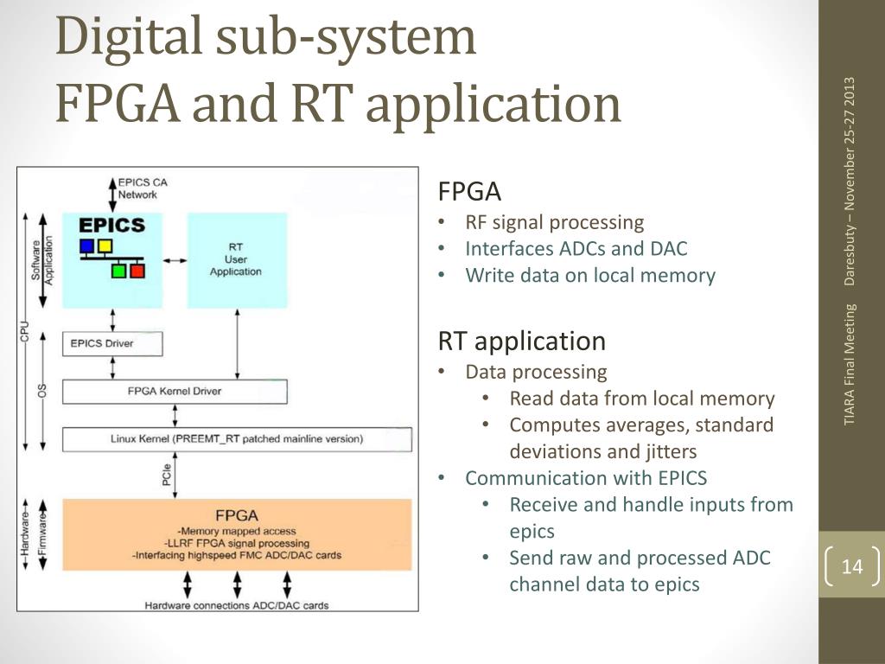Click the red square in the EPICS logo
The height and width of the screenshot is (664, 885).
point(137,271)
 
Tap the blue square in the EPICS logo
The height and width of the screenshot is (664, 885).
point(86,246)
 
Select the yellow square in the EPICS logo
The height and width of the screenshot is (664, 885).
point(105,246)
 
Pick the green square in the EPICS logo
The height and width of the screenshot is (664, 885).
point(118,271)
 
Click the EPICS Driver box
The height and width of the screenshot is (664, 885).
point(112,344)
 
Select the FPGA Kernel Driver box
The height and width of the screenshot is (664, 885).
point(175,392)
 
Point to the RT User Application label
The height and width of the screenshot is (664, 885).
point(236,259)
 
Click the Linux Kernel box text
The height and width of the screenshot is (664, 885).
point(237,438)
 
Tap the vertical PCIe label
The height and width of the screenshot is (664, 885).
point(167,475)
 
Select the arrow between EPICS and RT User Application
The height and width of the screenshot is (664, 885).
point(175,260)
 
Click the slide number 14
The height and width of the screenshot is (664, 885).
point(851,565)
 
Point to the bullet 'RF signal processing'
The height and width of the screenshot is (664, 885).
point(554,222)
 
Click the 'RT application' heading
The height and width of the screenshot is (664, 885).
point(521,341)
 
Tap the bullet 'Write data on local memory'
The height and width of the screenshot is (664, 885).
point(589,276)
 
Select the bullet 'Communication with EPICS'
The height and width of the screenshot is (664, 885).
point(586,478)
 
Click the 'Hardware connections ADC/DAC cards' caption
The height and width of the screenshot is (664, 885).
point(237,605)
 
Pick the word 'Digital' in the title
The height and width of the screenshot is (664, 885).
point(129,35)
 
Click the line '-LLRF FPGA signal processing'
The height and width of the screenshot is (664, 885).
point(237,543)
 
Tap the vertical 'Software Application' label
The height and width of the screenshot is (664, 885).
point(42,260)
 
